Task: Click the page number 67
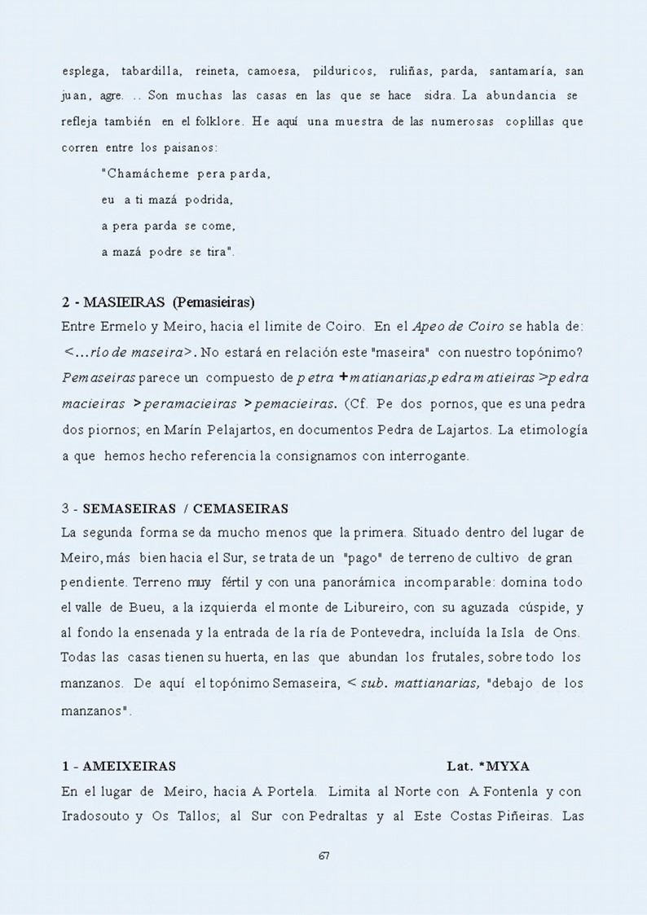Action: (x=323, y=856)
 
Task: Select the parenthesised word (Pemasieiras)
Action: (x=213, y=302)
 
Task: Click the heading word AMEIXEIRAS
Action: (x=130, y=766)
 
